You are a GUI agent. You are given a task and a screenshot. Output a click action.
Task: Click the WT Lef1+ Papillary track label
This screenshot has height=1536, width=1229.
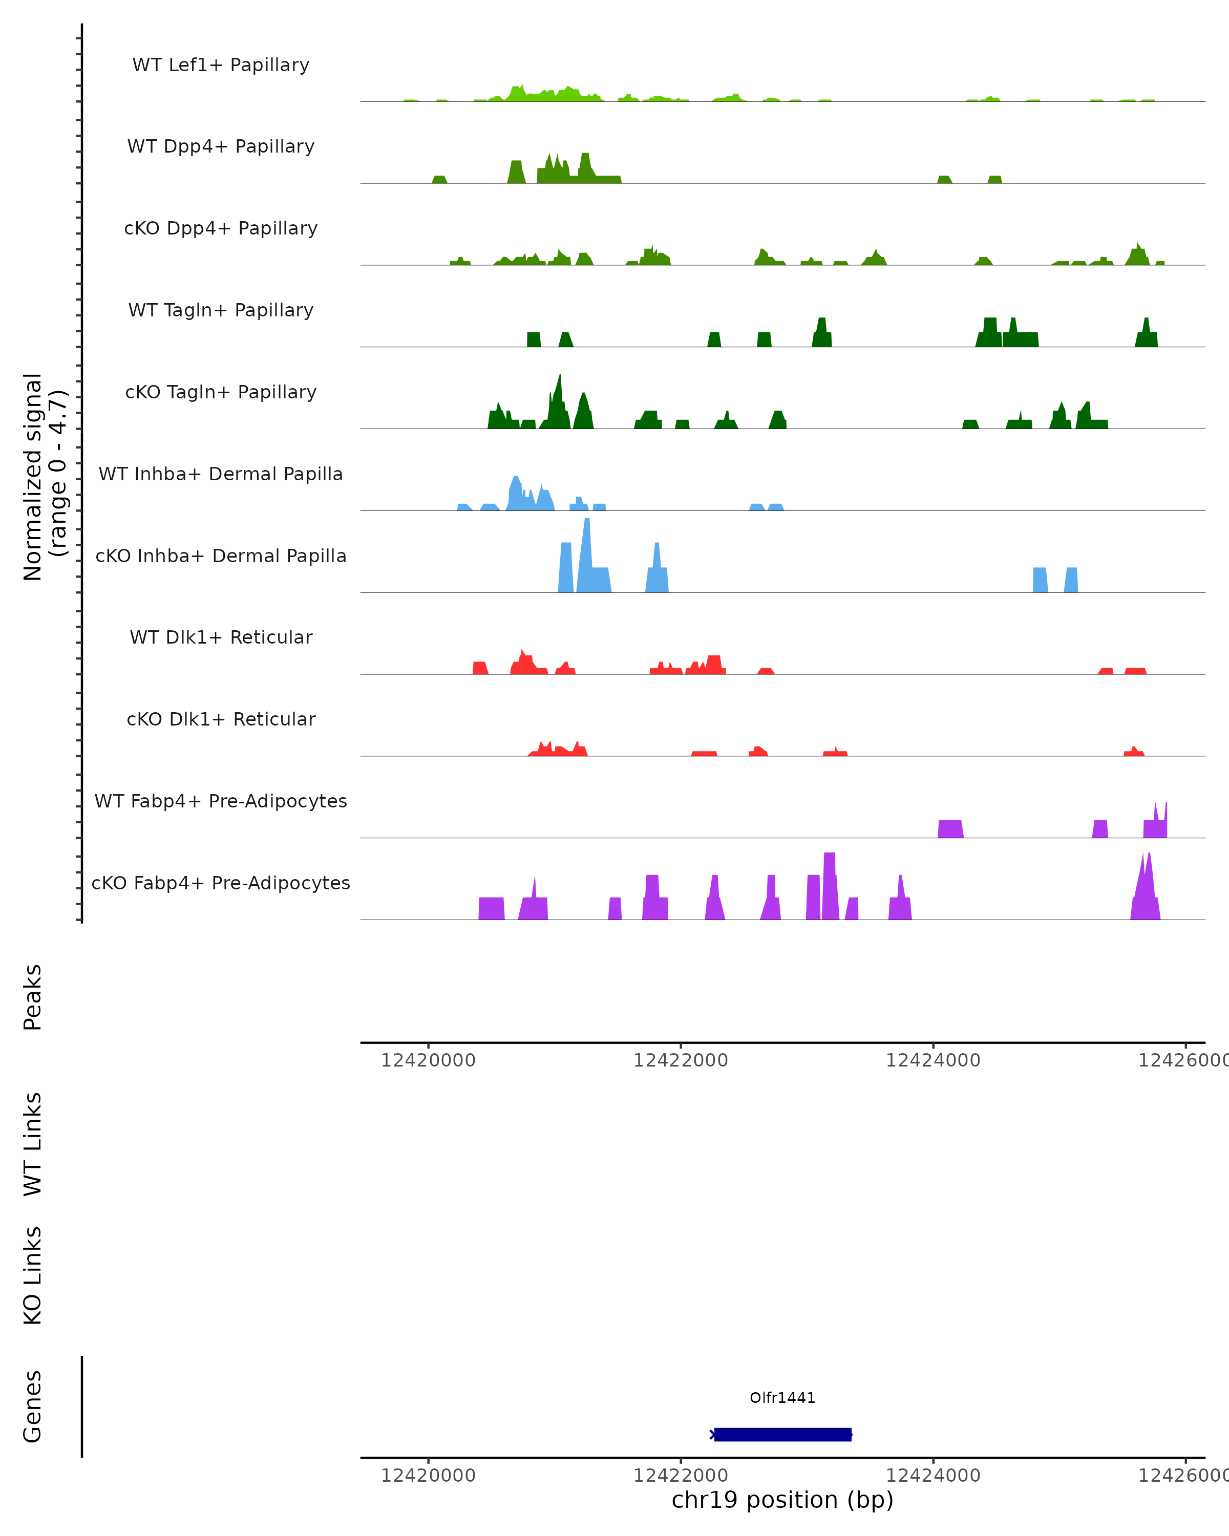point(221,65)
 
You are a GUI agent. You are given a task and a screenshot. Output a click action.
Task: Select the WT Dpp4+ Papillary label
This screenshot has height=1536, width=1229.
point(221,147)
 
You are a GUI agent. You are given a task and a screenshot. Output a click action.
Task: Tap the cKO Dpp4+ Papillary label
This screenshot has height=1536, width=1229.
point(221,229)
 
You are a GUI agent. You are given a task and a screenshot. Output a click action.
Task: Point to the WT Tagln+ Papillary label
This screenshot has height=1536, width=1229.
point(221,311)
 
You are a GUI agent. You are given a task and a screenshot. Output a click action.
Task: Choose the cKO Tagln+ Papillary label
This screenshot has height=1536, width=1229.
point(221,393)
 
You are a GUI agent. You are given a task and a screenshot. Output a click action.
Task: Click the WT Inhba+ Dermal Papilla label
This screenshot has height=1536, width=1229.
point(221,475)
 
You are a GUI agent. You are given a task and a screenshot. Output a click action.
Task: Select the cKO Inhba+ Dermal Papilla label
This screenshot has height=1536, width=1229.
point(221,557)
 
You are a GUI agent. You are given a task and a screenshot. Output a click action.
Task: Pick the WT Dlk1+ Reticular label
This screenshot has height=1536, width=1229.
point(221,637)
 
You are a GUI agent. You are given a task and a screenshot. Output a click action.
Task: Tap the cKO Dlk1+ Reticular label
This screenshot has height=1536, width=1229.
point(221,719)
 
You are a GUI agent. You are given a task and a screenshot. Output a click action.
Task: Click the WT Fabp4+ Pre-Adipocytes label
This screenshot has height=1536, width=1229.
point(221,801)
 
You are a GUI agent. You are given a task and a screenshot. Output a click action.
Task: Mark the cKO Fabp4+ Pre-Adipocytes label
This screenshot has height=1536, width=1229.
point(221,883)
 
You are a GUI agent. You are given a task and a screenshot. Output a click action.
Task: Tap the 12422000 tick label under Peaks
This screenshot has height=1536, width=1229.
point(681,1061)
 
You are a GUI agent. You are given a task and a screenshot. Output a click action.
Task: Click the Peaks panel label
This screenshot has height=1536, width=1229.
point(33,997)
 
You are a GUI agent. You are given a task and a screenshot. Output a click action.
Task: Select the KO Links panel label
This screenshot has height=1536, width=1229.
point(33,1275)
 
